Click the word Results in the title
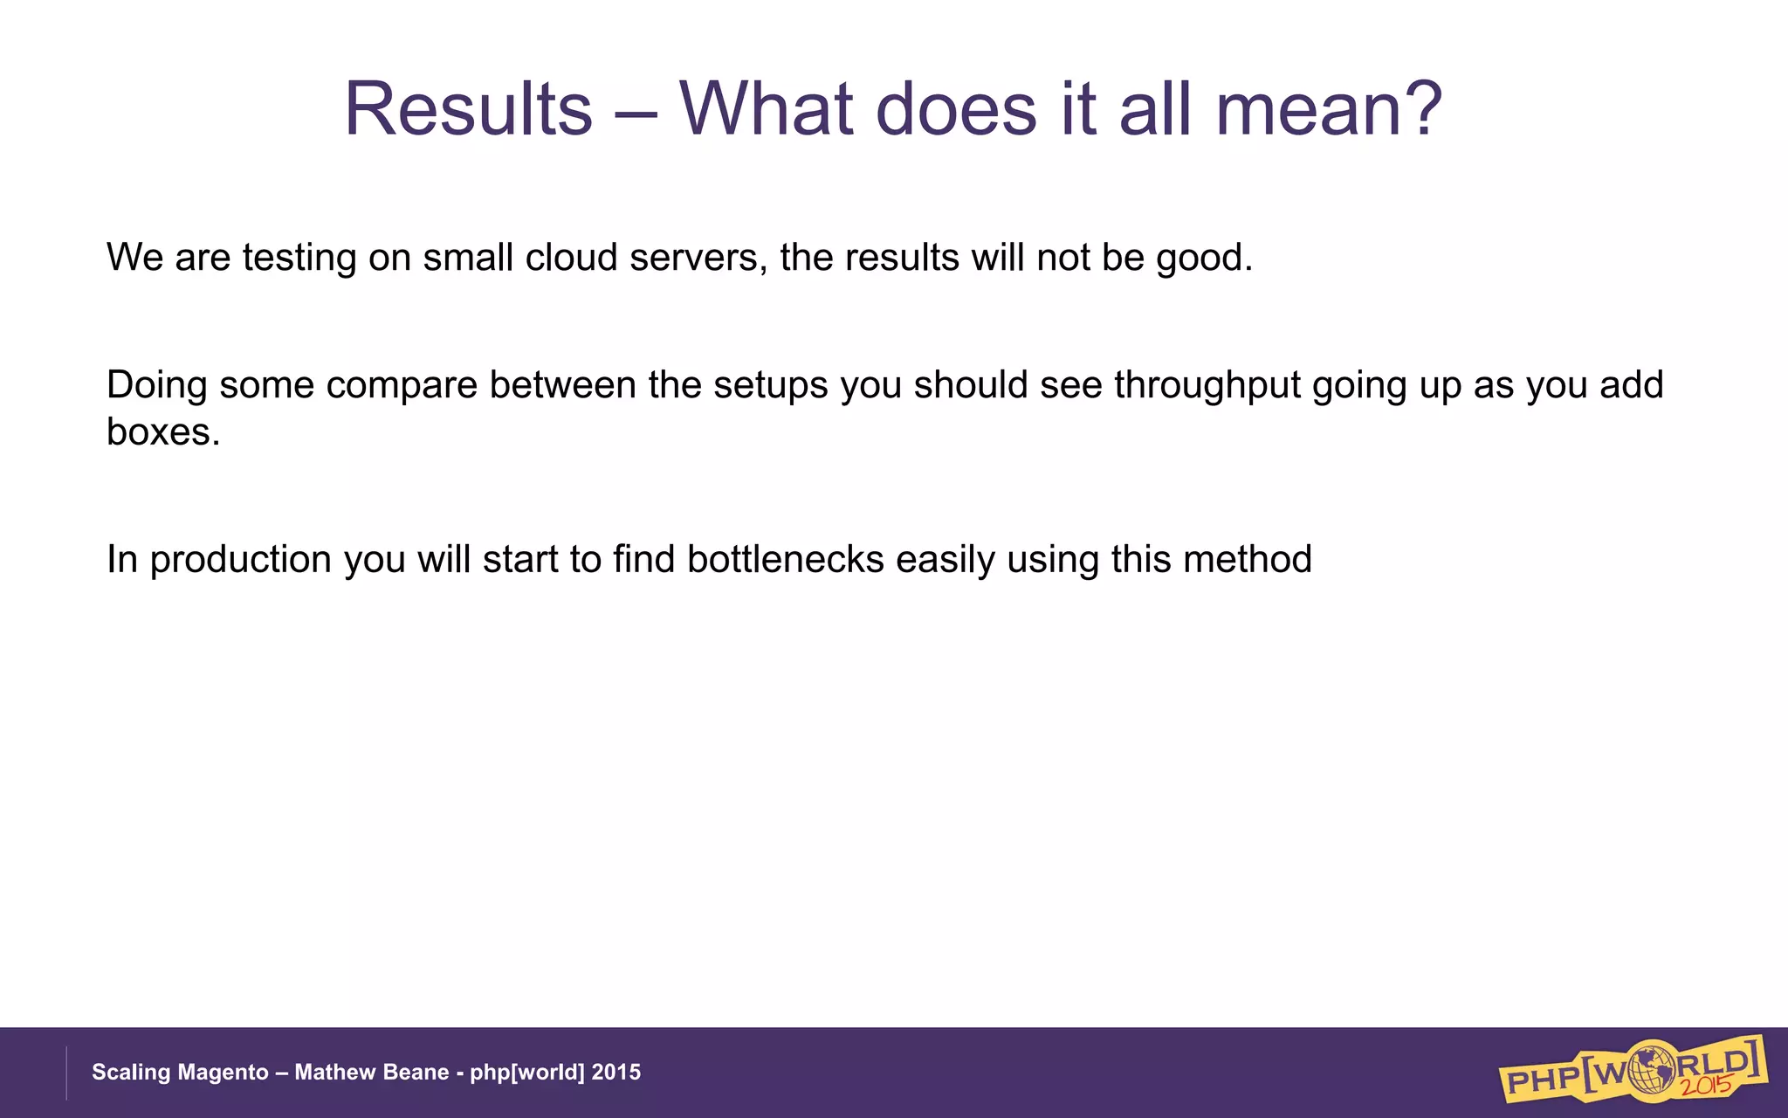click(469, 109)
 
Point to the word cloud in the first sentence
click(571, 258)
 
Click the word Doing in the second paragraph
click(156, 385)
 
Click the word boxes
click(162, 431)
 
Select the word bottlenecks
click(786, 559)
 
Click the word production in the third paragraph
click(241, 561)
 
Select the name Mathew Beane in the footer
click(371, 1073)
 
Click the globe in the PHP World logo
click(1647, 1066)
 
